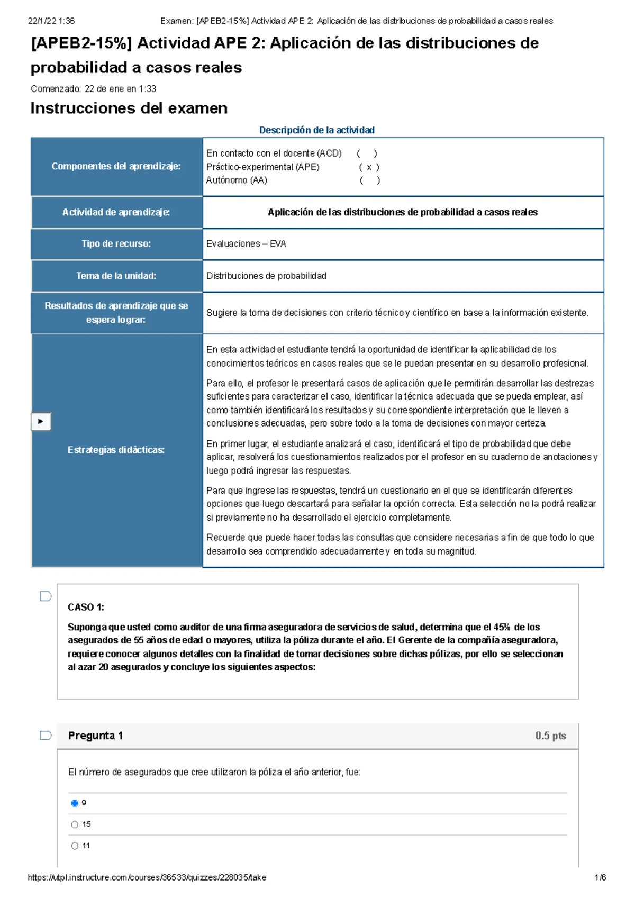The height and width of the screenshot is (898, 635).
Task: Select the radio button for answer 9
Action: [75, 803]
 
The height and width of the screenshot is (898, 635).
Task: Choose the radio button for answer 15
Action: [75, 824]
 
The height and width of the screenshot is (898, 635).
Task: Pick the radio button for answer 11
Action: [75, 846]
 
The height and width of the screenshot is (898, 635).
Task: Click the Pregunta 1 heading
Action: [95, 736]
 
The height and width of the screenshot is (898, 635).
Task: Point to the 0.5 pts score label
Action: [550, 736]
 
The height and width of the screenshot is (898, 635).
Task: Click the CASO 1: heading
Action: [86, 607]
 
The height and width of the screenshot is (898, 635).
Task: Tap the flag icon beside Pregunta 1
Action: [46, 736]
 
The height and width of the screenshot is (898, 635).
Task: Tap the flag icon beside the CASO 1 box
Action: [46, 596]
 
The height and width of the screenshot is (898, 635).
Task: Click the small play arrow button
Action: [41, 422]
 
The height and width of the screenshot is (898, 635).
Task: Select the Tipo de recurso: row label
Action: [116, 244]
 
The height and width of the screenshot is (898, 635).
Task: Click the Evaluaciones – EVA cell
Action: [246, 244]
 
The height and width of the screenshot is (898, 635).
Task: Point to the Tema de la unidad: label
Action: [116, 276]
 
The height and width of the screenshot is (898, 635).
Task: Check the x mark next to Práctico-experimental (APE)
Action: [369, 167]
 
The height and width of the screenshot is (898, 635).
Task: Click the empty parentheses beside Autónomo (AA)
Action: [369, 180]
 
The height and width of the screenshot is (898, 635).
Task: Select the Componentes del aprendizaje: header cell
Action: [116, 166]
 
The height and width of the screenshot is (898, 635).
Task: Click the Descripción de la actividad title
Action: [316, 130]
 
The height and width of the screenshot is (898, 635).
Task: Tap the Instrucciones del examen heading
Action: [129, 108]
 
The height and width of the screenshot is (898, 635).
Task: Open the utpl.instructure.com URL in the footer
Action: [147, 877]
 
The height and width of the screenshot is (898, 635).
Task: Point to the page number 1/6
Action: [600, 877]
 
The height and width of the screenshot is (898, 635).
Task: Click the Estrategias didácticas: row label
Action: [116, 450]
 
